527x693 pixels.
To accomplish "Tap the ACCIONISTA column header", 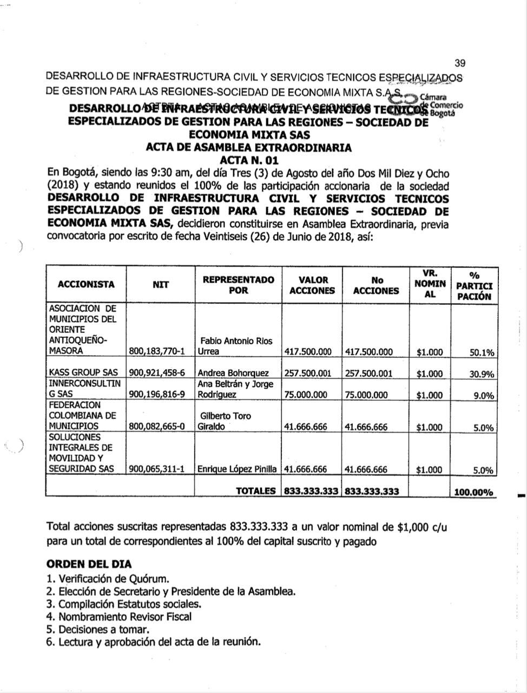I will tap(86, 284).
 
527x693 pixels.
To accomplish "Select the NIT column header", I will tap(160, 284).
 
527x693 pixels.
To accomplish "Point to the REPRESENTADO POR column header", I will tap(238, 285).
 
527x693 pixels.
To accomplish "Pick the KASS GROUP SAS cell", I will tap(83, 373).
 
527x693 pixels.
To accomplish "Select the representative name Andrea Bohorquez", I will tap(233, 373).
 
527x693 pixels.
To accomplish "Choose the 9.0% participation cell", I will tap(483, 396).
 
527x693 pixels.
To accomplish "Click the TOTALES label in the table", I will tap(256, 491).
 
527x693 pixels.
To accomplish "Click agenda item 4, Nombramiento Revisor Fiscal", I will tap(119, 617).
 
